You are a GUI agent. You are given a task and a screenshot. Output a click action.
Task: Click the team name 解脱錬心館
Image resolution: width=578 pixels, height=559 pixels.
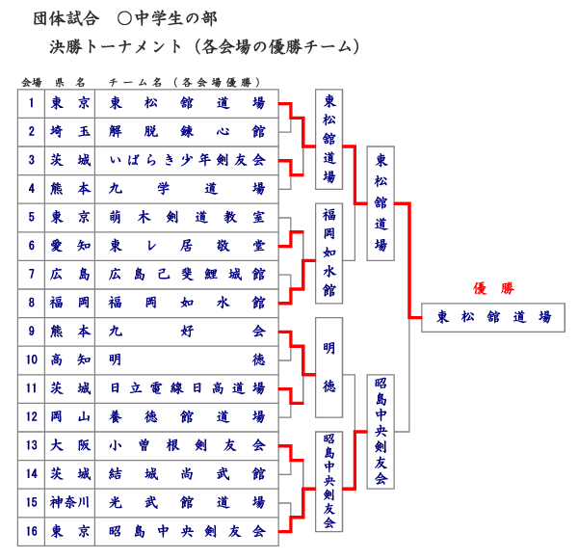(x=187, y=131)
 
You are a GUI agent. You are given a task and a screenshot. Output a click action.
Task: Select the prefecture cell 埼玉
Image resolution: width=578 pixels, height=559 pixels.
(x=70, y=131)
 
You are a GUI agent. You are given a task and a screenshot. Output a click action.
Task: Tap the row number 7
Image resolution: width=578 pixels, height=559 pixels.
(x=32, y=275)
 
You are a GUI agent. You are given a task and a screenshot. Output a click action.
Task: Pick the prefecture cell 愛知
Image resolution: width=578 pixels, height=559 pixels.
(x=70, y=246)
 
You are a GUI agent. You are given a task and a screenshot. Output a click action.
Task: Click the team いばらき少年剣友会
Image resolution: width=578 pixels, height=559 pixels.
(x=187, y=160)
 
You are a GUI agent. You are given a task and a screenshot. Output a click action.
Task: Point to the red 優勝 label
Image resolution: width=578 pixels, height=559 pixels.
(x=493, y=288)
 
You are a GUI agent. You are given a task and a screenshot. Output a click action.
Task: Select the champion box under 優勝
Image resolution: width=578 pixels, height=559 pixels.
(x=493, y=317)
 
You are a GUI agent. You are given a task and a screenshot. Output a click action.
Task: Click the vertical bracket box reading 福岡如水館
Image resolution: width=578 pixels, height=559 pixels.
(x=329, y=253)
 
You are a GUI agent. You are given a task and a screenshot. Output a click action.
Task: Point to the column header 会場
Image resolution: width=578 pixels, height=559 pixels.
(x=32, y=82)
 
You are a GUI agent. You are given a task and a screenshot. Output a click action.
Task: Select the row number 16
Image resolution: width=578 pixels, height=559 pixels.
(x=32, y=531)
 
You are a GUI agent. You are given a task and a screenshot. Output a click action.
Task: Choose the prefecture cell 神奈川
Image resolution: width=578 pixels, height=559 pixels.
(x=70, y=502)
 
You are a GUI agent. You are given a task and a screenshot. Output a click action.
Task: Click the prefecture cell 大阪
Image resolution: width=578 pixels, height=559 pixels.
(x=70, y=445)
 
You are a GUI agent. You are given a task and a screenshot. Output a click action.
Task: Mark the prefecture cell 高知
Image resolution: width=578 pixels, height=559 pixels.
(x=70, y=359)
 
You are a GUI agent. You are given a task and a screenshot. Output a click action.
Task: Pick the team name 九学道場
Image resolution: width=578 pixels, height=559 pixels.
(x=187, y=189)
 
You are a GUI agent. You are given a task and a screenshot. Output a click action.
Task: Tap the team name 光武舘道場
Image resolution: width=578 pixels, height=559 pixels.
(x=187, y=502)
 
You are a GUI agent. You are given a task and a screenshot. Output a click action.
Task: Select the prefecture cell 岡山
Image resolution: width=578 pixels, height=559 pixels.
(x=70, y=416)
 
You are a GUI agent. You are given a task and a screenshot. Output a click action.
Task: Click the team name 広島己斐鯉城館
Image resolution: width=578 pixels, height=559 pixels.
(x=187, y=275)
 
